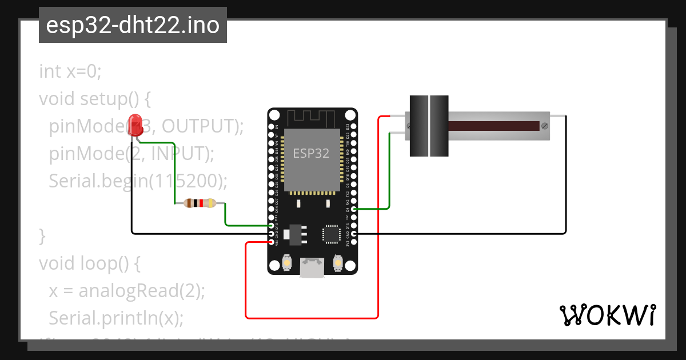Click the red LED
coord(135,126)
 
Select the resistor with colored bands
coord(200,203)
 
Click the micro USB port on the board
coord(312,267)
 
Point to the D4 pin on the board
coord(354,209)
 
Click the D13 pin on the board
coord(271,226)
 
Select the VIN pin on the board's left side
coord(271,242)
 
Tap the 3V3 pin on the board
coord(354,242)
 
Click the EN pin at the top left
coord(271,126)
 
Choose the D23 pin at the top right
coord(354,126)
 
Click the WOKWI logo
coord(607,315)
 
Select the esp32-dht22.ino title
coord(133,25)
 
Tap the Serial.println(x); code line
coord(116,318)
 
